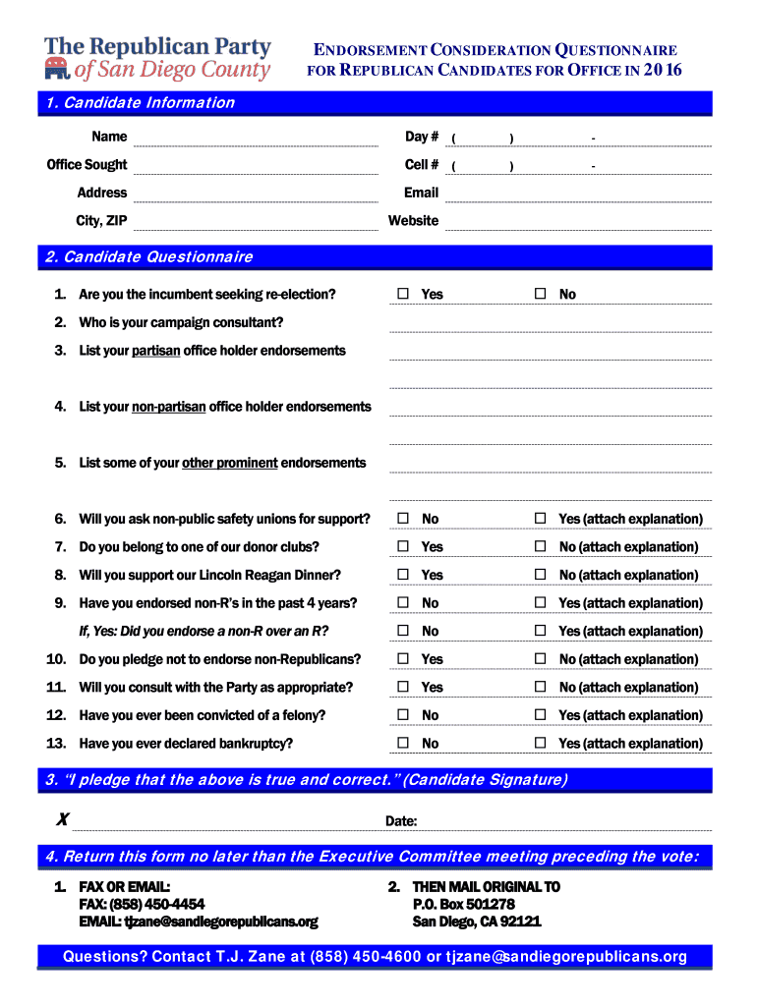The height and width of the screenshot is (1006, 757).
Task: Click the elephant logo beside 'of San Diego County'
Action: click(x=57, y=69)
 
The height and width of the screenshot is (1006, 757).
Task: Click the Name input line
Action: click(x=255, y=139)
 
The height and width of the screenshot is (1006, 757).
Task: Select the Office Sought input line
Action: click(x=255, y=166)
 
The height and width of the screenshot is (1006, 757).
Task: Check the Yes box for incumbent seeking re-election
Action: click(x=403, y=295)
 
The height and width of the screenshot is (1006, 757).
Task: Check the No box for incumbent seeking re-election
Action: click(x=540, y=295)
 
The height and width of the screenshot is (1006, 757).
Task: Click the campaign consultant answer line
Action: click(x=550, y=324)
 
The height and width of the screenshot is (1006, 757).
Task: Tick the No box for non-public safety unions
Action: click(x=403, y=519)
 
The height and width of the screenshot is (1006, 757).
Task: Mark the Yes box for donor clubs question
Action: click(x=403, y=547)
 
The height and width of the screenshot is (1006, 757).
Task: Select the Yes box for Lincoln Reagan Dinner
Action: click(x=403, y=575)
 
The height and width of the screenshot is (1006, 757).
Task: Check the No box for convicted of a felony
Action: click(x=403, y=715)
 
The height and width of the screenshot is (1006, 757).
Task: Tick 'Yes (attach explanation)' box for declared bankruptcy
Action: click(x=540, y=744)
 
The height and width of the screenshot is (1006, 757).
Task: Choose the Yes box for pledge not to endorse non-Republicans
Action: click(x=403, y=659)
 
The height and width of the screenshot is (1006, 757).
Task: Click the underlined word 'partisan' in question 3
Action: click(x=155, y=351)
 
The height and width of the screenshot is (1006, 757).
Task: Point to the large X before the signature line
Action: click(x=62, y=819)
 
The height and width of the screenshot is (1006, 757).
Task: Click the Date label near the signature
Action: click(x=401, y=821)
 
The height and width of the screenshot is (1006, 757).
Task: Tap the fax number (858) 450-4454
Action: click(x=142, y=904)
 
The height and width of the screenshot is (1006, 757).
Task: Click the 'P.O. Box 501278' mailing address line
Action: click(x=463, y=904)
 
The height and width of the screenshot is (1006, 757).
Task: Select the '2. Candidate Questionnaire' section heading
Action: click(x=148, y=257)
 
